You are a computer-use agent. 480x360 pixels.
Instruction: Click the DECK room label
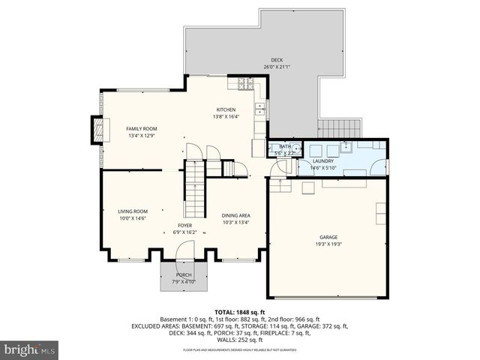point(277,61)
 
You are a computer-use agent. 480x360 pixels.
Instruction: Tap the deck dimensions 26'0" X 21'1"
point(277,67)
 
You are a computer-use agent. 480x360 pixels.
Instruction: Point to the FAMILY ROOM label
point(141,129)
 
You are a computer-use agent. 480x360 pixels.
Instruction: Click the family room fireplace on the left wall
point(96,130)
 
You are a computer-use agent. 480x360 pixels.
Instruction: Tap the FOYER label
point(185,226)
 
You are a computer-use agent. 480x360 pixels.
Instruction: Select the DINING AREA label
point(235,215)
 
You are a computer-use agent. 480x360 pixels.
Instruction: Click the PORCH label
point(184,275)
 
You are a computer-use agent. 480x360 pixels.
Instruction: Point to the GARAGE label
point(328,238)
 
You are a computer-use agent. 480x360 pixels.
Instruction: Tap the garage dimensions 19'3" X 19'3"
point(328,244)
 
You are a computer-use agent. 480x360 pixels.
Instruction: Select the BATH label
point(285,146)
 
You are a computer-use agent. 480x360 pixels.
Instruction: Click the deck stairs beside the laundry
point(339,128)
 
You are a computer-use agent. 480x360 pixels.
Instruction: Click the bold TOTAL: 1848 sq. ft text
point(240,312)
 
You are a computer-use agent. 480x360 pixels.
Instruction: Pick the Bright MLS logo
point(30,349)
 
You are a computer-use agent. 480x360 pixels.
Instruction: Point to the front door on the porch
point(179,262)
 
